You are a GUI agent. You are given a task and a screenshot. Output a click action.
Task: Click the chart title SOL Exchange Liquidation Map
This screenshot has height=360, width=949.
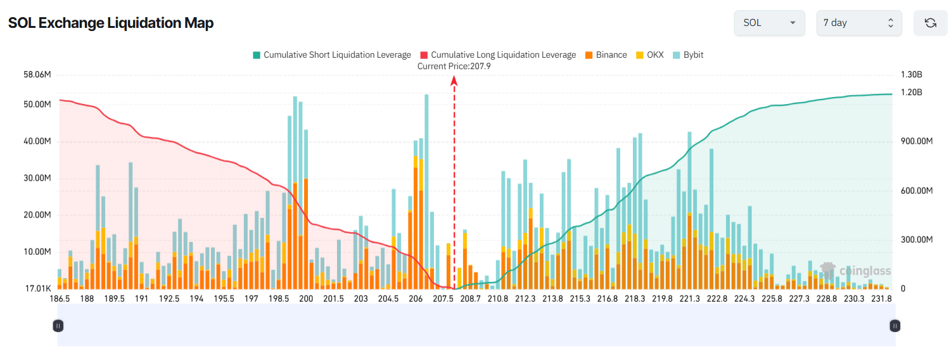111,23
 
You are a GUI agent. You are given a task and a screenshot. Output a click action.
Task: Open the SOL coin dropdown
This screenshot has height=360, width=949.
769,23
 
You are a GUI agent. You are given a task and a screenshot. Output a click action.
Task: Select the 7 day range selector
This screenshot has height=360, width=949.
858,23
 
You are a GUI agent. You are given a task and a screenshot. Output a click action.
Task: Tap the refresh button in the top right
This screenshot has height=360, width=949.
930,23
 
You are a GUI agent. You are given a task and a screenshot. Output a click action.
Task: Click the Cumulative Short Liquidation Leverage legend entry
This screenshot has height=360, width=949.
332,55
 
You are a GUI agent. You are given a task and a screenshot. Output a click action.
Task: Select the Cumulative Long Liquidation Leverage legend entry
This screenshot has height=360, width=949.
498,55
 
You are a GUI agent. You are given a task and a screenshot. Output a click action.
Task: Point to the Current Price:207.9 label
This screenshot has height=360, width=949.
454,66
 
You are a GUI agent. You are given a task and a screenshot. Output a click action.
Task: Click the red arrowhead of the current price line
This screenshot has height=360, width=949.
454,80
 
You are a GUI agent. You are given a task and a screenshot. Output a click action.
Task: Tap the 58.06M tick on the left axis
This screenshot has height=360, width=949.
37,75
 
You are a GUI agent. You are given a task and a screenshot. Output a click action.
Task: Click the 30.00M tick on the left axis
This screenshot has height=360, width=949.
37,178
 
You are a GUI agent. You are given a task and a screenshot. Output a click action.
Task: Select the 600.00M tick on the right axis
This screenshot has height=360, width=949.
917,191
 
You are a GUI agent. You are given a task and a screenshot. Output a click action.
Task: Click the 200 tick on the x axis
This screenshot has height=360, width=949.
306,299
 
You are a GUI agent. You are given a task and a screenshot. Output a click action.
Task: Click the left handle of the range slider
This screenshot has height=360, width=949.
58,326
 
